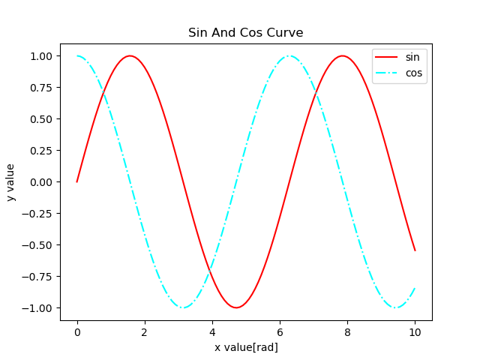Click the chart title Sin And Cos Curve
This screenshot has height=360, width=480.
pos(246,33)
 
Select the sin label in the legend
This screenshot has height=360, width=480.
pos(412,56)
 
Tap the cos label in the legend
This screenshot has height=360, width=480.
pos(413,73)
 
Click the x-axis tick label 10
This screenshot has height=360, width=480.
pos(415,331)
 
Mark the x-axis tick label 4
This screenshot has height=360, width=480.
pos(212,331)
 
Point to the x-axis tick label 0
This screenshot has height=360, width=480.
pos(77,331)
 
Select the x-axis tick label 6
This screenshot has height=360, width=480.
pos(280,331)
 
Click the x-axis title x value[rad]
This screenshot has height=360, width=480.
pos(246,347)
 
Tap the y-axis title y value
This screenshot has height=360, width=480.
pos(11,182)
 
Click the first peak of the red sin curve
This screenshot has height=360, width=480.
pos(130,55)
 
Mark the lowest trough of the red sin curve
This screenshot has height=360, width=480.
pos(236,307)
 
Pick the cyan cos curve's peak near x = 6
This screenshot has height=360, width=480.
pos(289,55)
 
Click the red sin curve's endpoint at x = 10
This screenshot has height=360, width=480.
pos(415,250)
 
